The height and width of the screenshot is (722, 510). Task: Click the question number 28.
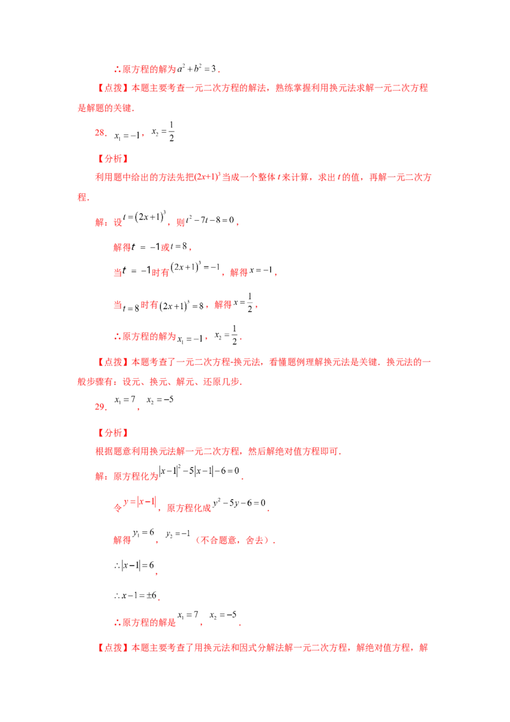[x=100, y=133]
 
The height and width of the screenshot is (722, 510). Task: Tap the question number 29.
[x=100, y=406]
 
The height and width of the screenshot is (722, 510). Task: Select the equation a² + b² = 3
[x=197, y=69]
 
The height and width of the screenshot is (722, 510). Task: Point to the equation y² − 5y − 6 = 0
[x=239, y=503]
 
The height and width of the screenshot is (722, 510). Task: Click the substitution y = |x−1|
[x=140, y=501]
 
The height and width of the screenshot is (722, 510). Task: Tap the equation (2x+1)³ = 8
[x=181, y=306]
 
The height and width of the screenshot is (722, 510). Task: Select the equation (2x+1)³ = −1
[x=195, y=267]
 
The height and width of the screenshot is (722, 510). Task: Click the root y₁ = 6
[x=143, y=533]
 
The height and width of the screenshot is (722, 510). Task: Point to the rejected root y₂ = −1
[x=178, y=534]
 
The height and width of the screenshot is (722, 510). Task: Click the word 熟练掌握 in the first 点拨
[x=293, y=88]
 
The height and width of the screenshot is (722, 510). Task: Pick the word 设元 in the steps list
[x=131, y=381]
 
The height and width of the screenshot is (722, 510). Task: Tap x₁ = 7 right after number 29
[x=125, y=400]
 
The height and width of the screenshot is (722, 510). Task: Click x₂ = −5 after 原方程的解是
[x=223, y=615]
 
